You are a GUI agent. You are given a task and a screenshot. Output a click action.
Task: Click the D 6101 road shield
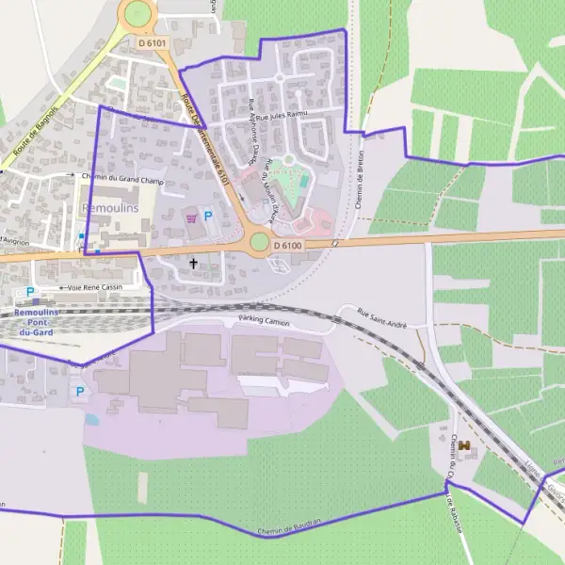152,42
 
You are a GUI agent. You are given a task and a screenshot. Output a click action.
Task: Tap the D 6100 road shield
287,246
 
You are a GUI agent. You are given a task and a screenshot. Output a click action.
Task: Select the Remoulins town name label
110,207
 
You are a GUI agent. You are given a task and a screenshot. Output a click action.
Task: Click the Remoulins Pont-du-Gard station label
30,321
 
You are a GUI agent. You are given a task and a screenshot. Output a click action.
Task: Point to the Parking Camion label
265,321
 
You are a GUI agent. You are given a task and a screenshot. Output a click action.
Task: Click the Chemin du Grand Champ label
122,174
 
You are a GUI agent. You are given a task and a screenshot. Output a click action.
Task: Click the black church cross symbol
194,264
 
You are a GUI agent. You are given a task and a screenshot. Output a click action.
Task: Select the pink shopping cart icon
192,218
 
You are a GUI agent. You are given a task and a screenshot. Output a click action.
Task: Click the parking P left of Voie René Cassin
29,293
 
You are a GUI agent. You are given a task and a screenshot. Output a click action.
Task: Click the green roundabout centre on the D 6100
259,242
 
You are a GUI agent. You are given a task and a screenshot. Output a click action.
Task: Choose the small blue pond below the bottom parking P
90,419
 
